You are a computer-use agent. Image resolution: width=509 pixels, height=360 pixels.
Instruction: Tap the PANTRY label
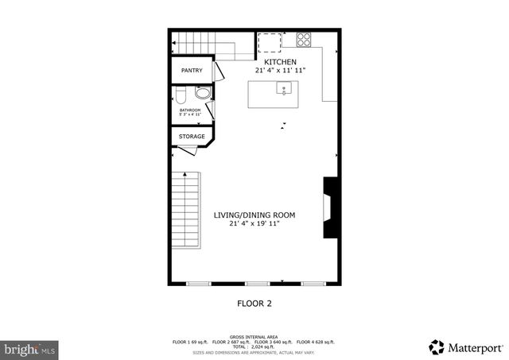tap(192, 71)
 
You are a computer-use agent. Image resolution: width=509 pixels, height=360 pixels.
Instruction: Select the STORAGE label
tap(192, 137)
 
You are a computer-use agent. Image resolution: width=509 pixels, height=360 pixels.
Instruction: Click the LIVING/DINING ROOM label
tap(254, 215)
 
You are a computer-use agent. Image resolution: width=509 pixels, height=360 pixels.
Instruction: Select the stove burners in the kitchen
tap(304, 37)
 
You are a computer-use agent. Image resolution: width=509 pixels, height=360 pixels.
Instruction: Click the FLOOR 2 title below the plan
tap(254, 303)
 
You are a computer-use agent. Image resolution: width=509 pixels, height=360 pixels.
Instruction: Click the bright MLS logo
tap(29, 348)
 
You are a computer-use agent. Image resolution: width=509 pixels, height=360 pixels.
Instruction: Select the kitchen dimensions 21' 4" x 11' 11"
tap(280, 71)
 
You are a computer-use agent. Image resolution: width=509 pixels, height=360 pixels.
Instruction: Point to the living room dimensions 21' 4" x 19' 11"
tap(254, 224)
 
